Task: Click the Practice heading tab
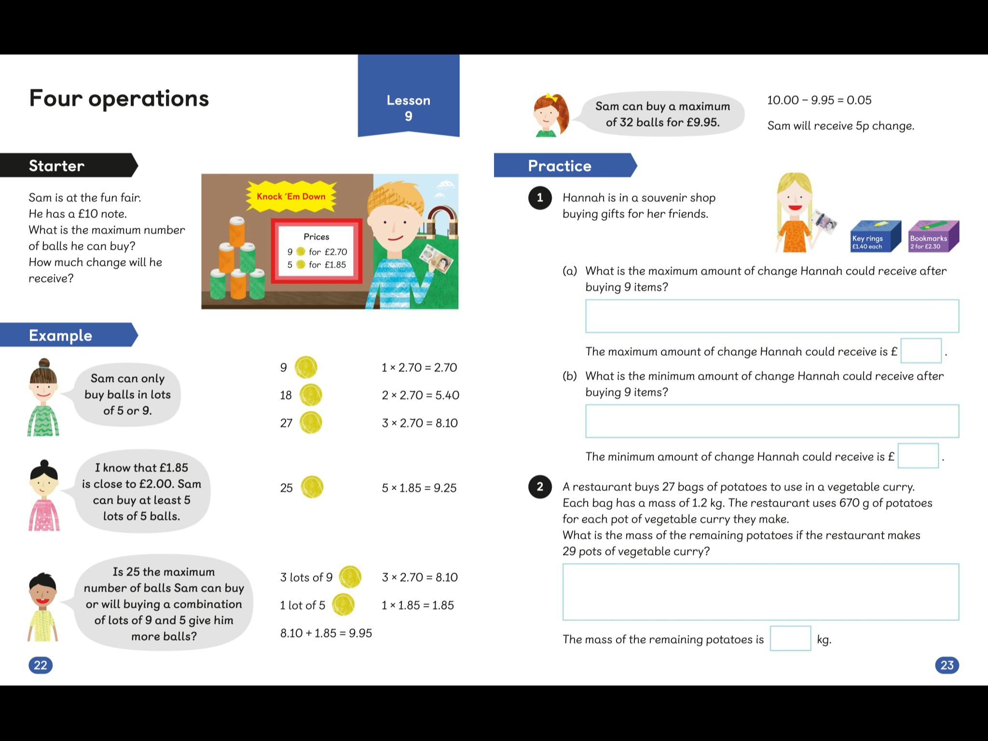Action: tap(562, 165)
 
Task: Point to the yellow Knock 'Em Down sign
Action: tap(291, 196)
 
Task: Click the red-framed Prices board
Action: tap(316, 251)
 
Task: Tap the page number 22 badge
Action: tap(41, 665)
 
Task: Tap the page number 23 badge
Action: tap(947, 665)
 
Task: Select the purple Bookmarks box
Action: tap(933, 236)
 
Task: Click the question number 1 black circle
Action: tap(540, 198)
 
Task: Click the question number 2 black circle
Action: tap(540, 487)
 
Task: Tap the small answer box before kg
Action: tap(790, 638)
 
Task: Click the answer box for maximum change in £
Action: tap(920, 351)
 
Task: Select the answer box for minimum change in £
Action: tap(918, 456)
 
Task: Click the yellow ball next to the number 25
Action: tap(312, 487)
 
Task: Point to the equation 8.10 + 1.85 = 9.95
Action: tap(326, 633)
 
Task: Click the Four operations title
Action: tap(119, 98)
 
